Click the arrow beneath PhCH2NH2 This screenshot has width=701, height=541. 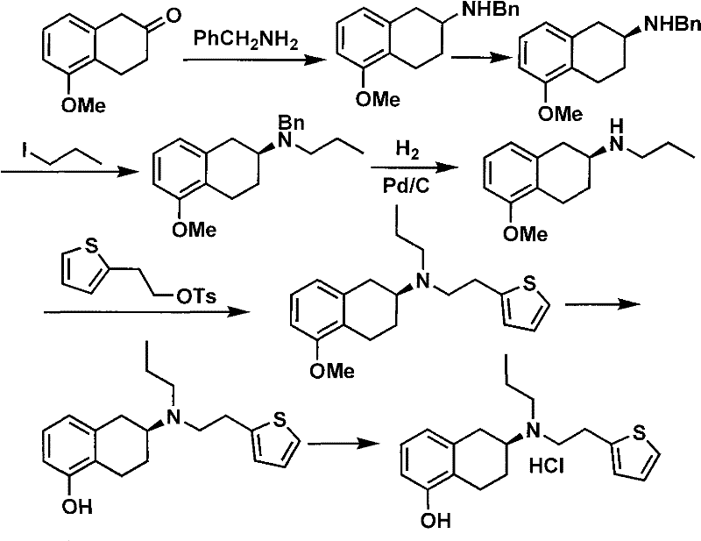(x=248, y=60)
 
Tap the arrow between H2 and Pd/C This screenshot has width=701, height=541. (x=406, y=170)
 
